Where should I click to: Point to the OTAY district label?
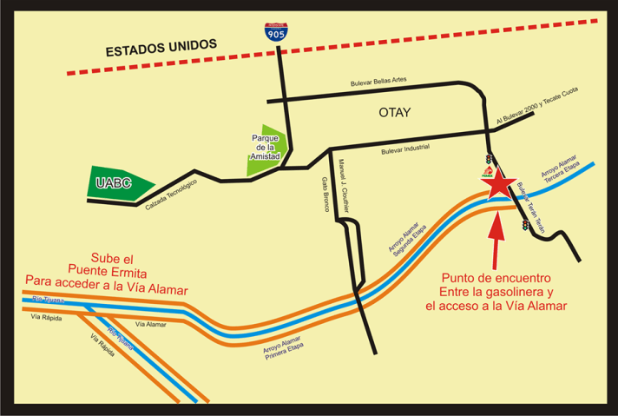click(394, 113)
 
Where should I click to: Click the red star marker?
click(497, 186)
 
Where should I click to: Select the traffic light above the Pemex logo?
click(489, 159)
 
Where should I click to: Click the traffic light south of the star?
click(525, 225)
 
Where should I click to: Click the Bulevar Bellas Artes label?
click(378, 82)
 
